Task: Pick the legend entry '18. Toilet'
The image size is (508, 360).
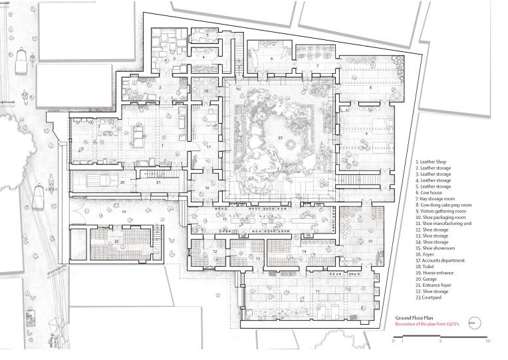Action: (427, 267)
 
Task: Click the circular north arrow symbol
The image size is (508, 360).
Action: (474, 321)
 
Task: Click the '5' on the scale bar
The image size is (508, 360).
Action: (441, 340)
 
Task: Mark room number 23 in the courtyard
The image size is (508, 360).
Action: (281, 137)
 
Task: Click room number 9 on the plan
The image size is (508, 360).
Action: (366, 133)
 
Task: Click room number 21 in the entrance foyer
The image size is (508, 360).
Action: (158, 182)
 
